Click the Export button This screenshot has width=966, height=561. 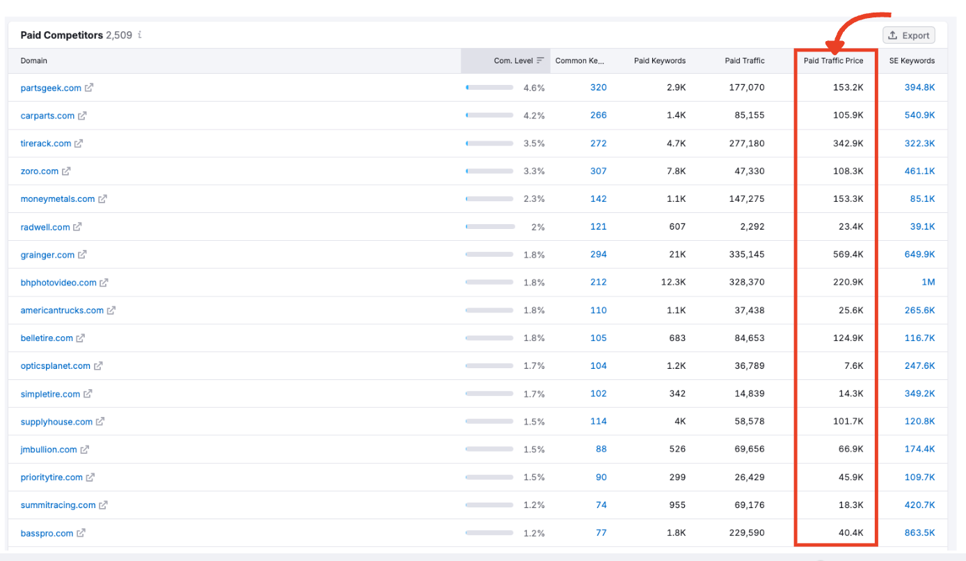(x=909, y=35)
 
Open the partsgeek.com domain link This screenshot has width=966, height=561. (x=51, y=88)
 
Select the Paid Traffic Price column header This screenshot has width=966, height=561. (x=833, y=61)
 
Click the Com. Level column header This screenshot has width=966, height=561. (x=513, y=61)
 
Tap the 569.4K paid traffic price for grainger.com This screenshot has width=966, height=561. (x=848, y=255)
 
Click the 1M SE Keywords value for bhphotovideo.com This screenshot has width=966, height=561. (x=928, y=283)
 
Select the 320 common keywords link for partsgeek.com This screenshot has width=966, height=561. (x=598, y=88)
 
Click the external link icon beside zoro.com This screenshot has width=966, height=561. (x=66, y=171)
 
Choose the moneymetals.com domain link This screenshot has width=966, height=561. (x=58, y=199)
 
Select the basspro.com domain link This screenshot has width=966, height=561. (x=47, y=533)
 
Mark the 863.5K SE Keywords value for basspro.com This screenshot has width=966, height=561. (x=919, y=533)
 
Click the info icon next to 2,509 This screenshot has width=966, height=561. (x=140, y=35)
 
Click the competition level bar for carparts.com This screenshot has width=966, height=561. (x=489, y=116)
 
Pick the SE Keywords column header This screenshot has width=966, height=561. (x=912, y=61)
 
